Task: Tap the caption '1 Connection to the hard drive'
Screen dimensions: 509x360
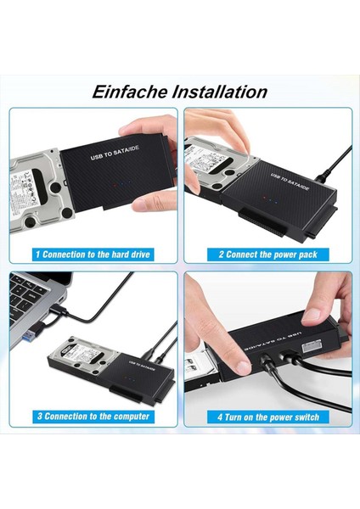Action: tap(93, 254)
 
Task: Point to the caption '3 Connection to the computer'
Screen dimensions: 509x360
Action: tap(93, 417)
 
